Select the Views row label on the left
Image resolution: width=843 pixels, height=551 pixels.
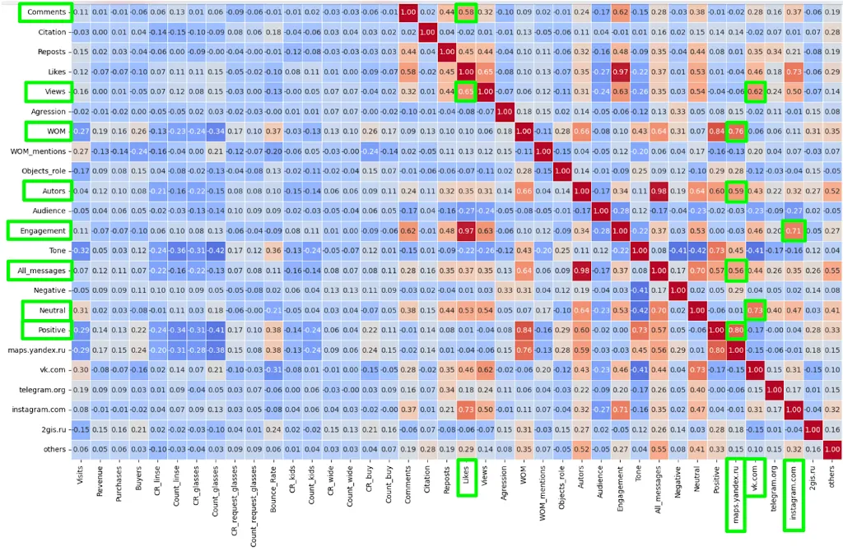click(x=47, y=90)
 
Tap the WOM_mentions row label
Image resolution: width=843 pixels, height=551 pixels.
click(x=37, y=151)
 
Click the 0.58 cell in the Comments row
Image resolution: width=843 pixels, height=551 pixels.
click(x=466, y=12)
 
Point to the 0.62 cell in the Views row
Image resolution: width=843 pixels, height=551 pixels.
click(x=754, y=91)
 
